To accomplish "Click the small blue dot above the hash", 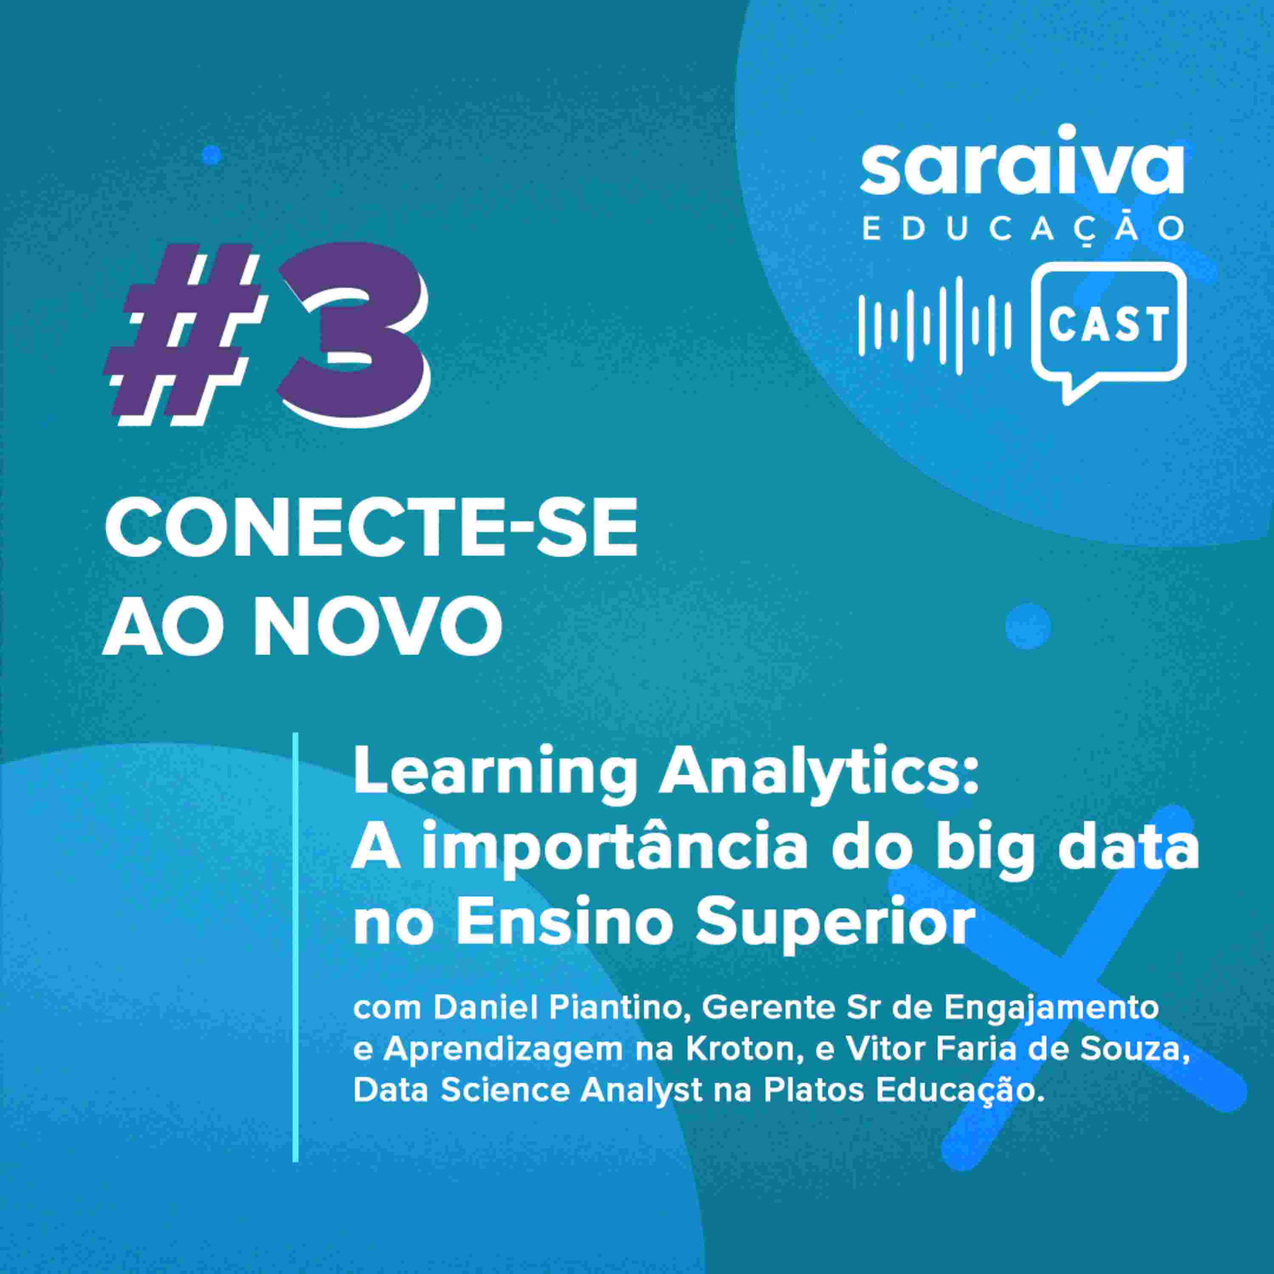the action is point(211,155).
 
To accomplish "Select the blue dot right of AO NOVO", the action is point(1028,626).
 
